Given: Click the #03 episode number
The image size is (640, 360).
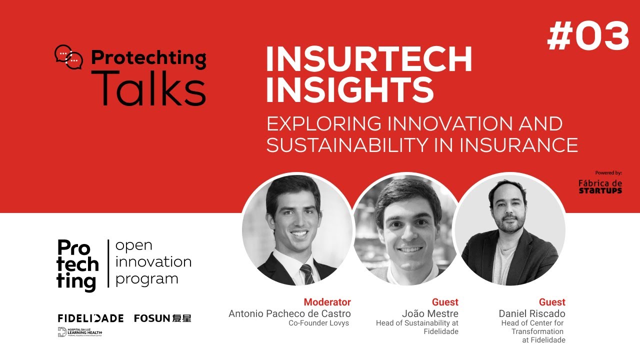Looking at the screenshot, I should click(588, 37).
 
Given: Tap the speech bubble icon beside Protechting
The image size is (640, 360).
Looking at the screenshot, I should click(68, 57).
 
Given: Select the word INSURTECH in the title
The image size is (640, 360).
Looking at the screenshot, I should click(368, 60).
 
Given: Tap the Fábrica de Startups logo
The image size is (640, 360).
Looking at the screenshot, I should click(600, 186).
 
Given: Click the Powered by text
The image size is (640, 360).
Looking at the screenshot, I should click(608, 173).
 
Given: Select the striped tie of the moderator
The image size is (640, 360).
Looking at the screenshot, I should click(306, 274).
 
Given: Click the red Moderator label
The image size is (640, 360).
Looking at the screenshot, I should click(327, 302).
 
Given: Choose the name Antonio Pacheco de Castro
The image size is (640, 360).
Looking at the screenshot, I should click(289, 313).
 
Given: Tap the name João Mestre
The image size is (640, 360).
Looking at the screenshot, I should click(430, 313).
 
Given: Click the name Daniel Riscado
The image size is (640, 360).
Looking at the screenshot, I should click(532, 313).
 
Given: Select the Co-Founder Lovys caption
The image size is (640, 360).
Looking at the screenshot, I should click(318, 323).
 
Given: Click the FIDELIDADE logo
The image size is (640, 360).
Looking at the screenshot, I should click(90, 318).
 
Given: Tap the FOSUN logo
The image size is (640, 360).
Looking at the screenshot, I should click(162, 318).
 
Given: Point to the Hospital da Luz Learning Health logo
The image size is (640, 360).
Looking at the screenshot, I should click(80, 332).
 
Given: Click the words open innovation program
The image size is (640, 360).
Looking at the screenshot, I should click(153, 262).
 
